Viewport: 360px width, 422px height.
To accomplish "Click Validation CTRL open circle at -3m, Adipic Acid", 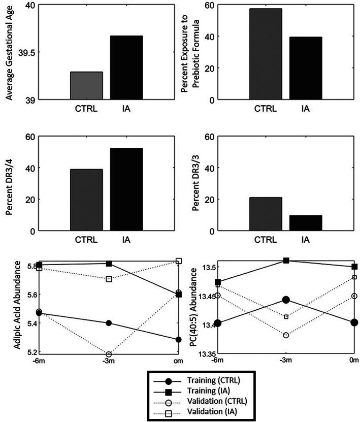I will (109, 354).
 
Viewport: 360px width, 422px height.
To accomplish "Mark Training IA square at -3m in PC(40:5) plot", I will (286, 261).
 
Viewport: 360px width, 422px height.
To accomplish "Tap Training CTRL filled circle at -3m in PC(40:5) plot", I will (286, 300).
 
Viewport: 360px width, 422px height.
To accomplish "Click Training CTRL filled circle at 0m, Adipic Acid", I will (179, 339).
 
